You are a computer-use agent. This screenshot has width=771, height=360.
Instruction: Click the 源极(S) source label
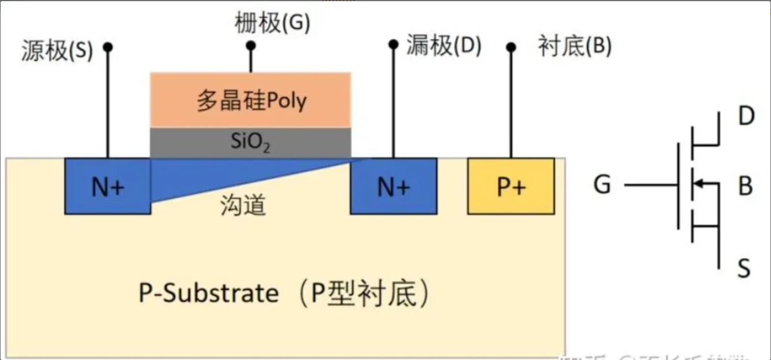[x=57, y=51]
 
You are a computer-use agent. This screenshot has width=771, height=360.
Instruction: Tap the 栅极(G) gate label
[x=272, y=24]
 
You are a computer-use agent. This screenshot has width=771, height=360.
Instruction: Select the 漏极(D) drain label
[x=443, y=46]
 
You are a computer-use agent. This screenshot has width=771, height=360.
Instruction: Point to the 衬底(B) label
[x=574, y=46]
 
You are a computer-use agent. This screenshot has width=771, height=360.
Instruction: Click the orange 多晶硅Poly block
[x=250, y=101]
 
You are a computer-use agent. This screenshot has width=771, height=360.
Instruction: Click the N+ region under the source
[x=108, y=186]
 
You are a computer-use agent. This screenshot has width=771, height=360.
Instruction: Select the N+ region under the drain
[x=394, y=186]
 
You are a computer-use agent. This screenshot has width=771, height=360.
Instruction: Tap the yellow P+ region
[x=511, y=186]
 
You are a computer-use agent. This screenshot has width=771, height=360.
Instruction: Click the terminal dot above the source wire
[x=108, y=46]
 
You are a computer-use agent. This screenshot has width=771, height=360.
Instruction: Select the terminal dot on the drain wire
[x=394, y=44]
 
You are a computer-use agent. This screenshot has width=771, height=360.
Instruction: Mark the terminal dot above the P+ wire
[x=511, y=46]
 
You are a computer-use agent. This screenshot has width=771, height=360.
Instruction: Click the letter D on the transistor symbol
[x=746, y=117]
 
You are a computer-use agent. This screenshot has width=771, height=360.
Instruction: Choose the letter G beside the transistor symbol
[x=602, y=185]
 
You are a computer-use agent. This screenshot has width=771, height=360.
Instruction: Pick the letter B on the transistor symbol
[x=746, y=186]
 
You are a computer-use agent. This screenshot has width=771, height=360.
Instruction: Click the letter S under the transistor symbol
[x=744, y=269]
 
